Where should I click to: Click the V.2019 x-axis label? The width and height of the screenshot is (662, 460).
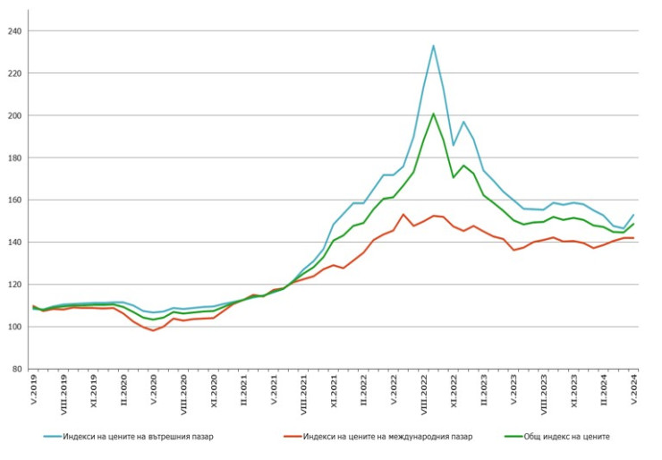(33, 394)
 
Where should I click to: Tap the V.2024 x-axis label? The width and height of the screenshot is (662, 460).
(633, 394)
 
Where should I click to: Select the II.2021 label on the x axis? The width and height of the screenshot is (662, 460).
(244, 395)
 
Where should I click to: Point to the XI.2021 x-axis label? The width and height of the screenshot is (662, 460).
(335, 395)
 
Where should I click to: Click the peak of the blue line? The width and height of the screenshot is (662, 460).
(433, 46)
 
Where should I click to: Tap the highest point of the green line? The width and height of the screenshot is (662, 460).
(433, 114)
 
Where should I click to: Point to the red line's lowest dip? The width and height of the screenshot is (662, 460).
(153, 330)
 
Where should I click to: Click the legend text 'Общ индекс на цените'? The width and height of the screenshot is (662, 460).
(568, 436)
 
